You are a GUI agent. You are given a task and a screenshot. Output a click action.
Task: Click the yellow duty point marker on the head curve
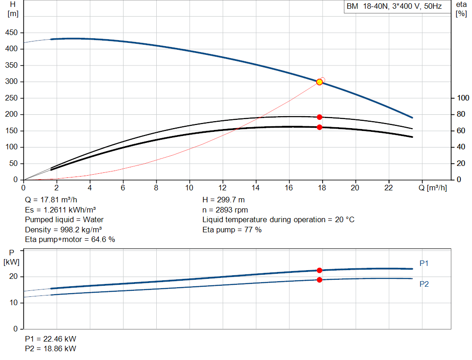pos(319,82)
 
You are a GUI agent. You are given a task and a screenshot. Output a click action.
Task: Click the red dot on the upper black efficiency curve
pos(319,117)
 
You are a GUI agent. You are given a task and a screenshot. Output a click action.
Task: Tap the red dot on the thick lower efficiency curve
pos(319,127)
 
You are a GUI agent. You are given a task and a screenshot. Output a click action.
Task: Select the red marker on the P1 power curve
pos(319,270)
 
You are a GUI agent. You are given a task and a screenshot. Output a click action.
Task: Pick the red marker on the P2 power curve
pos(319,280)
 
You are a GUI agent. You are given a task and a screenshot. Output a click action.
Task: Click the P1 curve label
pos(424,263)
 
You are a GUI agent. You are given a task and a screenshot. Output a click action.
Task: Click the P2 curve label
pos(424,284)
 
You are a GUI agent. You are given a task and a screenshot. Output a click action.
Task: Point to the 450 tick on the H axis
pos(12,33)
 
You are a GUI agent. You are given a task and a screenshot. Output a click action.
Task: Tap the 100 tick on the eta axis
pos(463,98)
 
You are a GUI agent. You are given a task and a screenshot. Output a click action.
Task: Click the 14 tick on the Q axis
pos(255,188)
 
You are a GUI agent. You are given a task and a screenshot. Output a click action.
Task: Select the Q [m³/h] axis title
pos(432,188)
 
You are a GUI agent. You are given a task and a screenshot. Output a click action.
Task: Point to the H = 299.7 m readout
pos(224,200)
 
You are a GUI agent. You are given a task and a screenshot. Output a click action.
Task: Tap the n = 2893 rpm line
pos(225,210)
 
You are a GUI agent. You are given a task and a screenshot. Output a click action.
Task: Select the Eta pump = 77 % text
pos(232,230)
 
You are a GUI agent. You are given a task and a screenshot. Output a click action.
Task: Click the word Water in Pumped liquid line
pos(93,220)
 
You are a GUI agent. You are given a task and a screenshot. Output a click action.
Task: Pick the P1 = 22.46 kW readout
pos(51,339)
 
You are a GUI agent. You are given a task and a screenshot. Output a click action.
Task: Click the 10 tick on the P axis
pos(13,303)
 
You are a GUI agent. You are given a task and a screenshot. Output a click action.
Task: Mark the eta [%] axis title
pos(461,9)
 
